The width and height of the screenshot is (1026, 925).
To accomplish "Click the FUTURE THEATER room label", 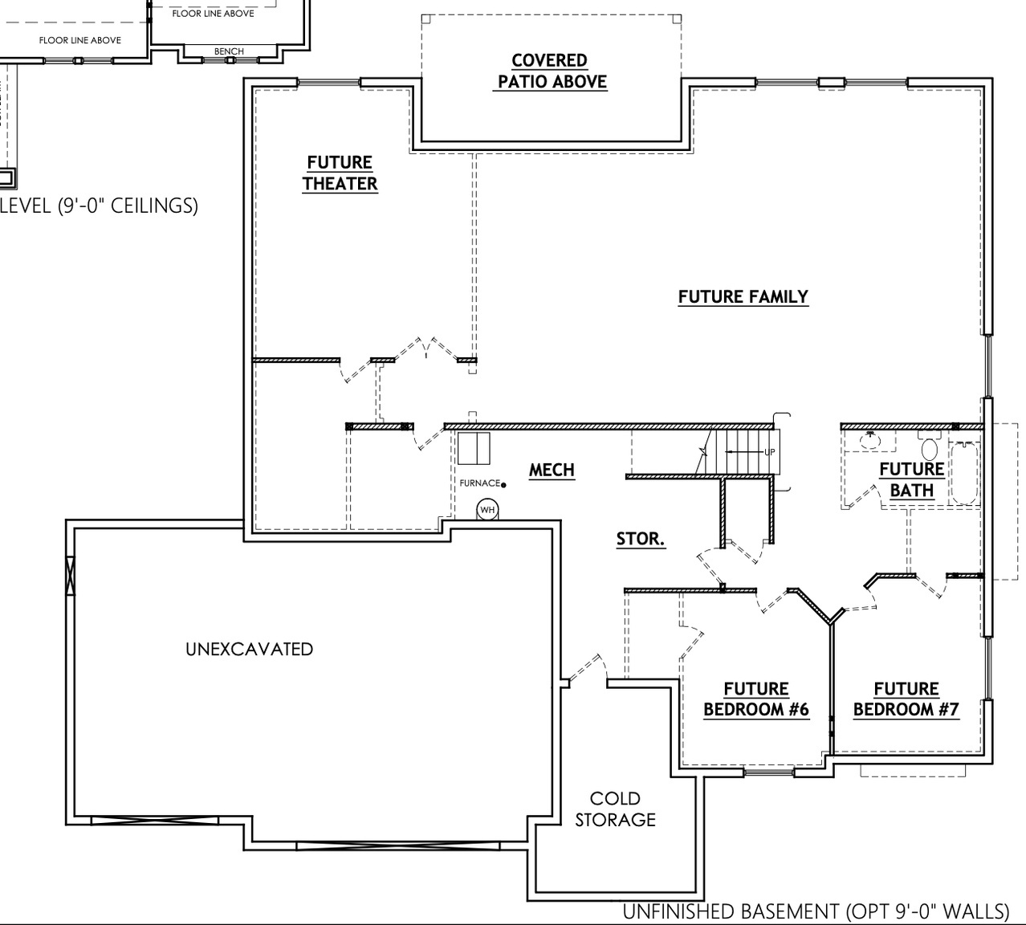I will coord(340,173).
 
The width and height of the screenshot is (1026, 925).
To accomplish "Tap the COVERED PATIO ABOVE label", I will coord(552,71).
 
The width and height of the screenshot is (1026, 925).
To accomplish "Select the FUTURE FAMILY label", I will coord(743,297).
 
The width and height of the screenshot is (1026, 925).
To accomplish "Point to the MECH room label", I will coord(552,471).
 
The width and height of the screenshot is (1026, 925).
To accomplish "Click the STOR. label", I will coord(640,540).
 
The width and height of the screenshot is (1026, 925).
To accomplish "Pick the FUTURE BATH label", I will coord(911,479).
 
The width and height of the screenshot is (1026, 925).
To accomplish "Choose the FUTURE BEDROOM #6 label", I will coord(755,699).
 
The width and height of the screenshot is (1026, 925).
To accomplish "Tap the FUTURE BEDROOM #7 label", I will coord(906,699).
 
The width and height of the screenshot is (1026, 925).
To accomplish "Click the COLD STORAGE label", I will coord(615,809).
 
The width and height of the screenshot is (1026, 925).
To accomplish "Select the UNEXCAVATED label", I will coord(249,649).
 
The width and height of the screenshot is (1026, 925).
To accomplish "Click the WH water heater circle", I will coord(487,510).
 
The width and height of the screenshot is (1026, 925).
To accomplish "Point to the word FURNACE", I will coord(480,483).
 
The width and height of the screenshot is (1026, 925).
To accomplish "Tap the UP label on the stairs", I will coord(769,452).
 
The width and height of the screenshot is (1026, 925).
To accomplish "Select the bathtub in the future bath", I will coord(964,473).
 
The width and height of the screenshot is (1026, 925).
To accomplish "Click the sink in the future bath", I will coord(869,439).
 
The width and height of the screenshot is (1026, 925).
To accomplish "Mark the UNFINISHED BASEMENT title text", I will coord(816,911).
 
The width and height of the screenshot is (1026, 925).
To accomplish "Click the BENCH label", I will coord(229,51).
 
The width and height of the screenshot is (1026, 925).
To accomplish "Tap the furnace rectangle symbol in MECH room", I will coord(474,449).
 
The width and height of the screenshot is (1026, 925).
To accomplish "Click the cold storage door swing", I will coord(586,668).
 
